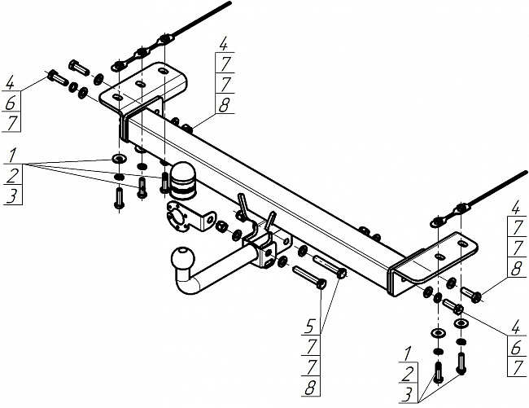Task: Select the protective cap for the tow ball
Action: tap(183, 181)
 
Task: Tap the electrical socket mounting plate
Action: tap(189, 217)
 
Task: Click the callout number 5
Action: tap(311, 327)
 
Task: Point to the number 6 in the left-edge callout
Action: tap(11, 103)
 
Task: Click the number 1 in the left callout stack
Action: tap(12, 156)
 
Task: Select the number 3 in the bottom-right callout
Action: tap(409, 394)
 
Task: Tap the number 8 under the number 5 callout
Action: tap(310, 388)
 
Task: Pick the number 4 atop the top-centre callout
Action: tap(224, 44)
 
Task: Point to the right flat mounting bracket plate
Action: tap(435, 259)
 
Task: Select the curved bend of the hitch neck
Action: tap(186, 283)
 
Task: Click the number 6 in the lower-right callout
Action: tap(516, 348)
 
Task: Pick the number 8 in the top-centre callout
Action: tap(224, 105)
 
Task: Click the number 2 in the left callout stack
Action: tap(12, 176)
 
